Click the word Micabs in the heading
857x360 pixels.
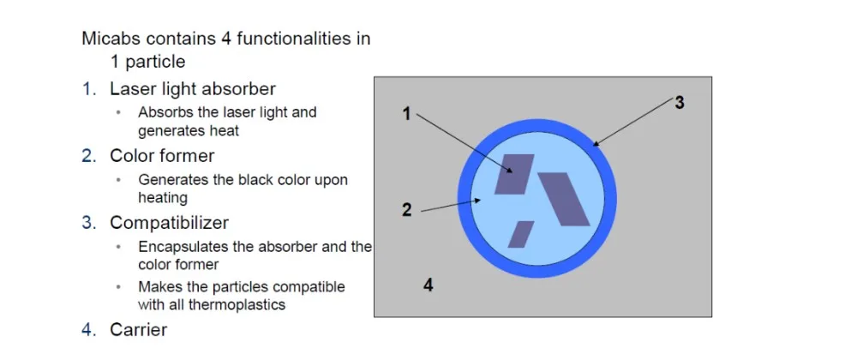[110, 39]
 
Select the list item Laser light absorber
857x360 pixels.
[192, 88]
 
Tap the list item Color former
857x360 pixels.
[161, 156]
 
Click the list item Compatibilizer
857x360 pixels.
[169, 223]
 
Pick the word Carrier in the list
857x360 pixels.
[138, 329]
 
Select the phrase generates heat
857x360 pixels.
[189, 131]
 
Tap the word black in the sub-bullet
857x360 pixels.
[255, 180]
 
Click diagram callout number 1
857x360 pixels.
[406, 113]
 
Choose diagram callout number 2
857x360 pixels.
[406, 209]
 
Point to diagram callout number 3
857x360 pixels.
[679, 103]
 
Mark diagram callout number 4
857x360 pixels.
[428, 285]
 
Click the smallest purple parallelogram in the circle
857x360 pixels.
[520, 234]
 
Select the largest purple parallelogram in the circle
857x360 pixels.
[565, 198]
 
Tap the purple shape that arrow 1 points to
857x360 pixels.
[514, 175]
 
